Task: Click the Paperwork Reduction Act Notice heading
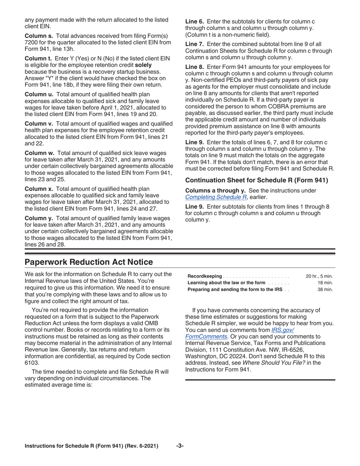click(89, 262)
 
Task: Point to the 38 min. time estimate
click(325, 289)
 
